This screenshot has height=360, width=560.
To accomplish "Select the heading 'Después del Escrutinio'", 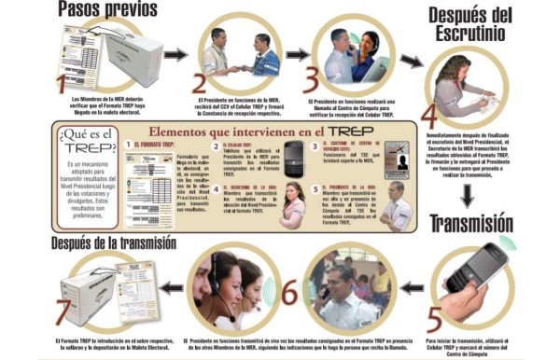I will point(484,28).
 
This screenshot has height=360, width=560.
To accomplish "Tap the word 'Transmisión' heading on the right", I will point(486,224).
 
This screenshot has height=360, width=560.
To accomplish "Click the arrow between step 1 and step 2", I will point(175,55).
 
